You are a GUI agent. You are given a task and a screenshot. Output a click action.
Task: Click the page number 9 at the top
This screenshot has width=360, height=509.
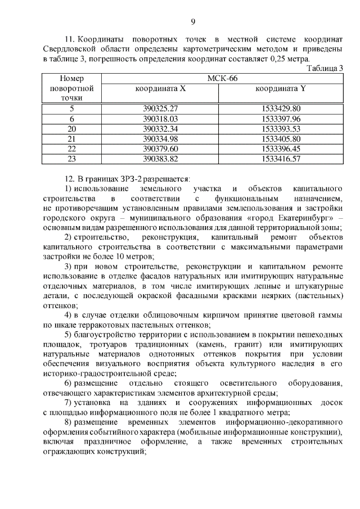(x=192, y=21)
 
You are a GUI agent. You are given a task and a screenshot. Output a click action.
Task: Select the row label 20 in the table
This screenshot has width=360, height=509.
(x=71, y=129)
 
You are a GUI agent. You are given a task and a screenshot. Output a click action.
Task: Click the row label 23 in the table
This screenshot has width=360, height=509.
(x=71, y=159)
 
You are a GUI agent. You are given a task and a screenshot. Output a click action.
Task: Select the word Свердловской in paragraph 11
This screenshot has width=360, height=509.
(x=69, y=49)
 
